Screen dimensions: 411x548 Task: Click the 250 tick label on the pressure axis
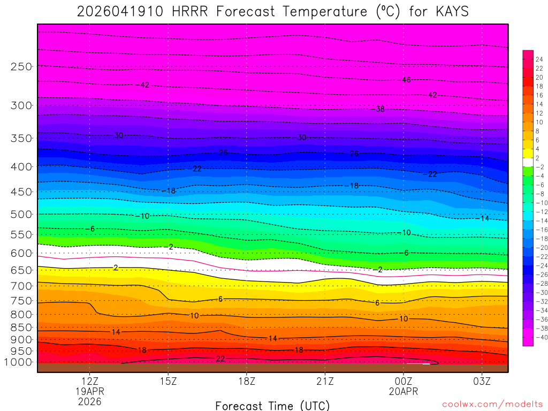pos(21,67)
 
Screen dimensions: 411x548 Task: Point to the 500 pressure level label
pos(21,215)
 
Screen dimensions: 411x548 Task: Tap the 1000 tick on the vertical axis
pos(19,362)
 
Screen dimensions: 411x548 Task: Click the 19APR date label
pos(89,391)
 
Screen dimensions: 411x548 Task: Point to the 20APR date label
pos(404,391)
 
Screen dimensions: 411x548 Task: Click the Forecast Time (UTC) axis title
pos(272,406)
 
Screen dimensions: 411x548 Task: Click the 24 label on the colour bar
pos(539,59)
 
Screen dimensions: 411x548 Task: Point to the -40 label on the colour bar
pos(539,337)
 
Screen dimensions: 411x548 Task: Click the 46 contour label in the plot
pos(406,80)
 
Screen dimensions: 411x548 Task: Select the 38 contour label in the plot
pos(380,109)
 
